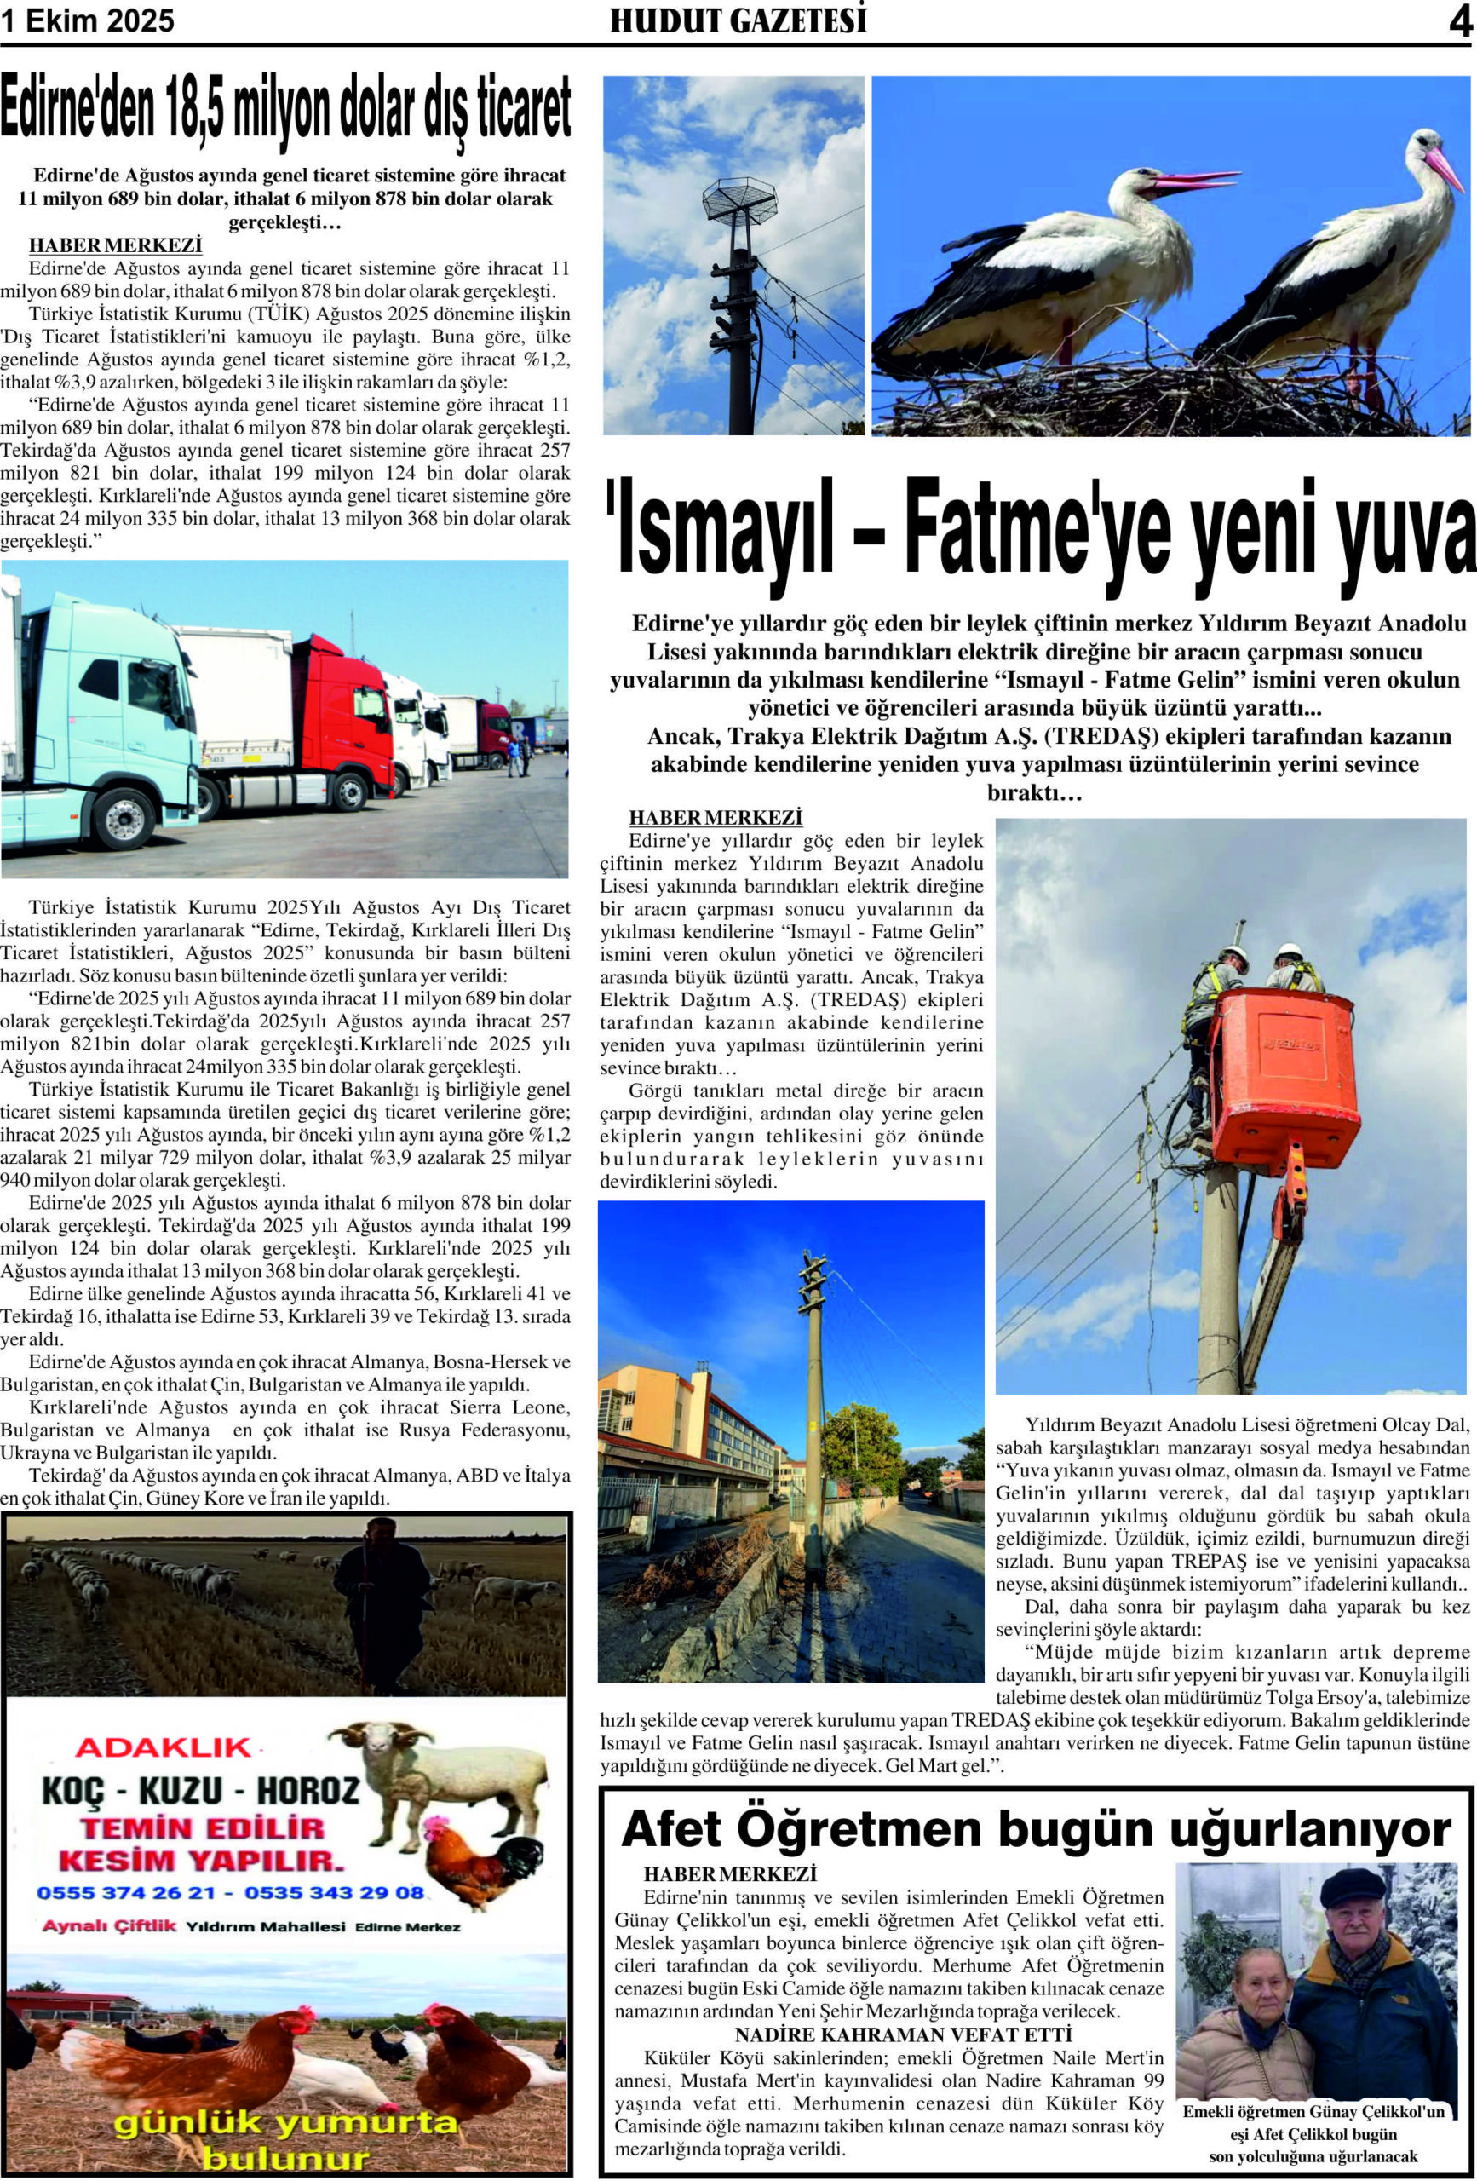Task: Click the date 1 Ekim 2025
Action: click(x=87, y=20)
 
